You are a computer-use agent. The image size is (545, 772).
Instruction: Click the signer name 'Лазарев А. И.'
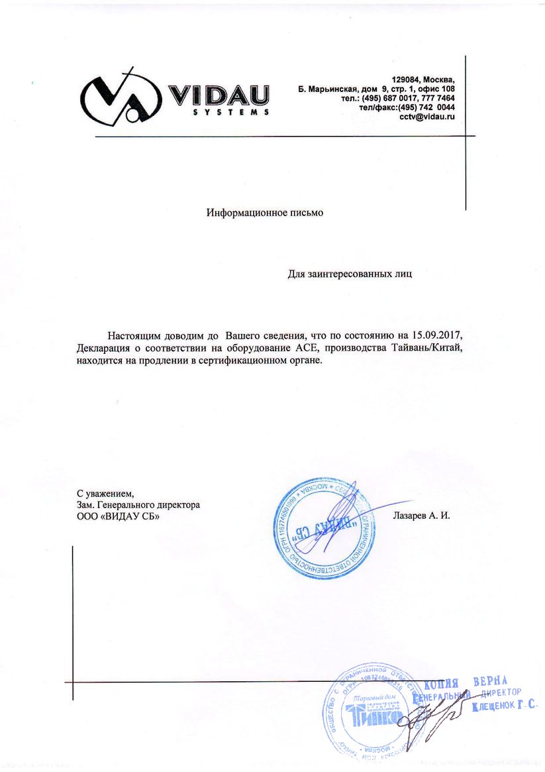pos(421,514)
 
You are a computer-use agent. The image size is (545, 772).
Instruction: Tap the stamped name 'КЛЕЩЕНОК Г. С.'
pos(504,707)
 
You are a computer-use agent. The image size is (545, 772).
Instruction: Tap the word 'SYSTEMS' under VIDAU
pos(222,113)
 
